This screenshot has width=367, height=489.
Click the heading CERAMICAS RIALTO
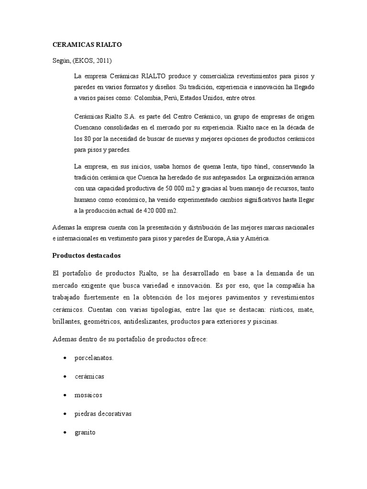87,44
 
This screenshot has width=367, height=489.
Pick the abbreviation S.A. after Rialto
131,117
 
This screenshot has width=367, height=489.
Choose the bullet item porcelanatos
94,357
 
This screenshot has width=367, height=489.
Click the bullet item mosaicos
88,395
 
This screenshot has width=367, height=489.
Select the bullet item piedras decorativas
103,414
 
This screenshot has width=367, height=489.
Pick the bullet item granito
85,432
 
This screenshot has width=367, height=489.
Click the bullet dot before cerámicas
64,376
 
